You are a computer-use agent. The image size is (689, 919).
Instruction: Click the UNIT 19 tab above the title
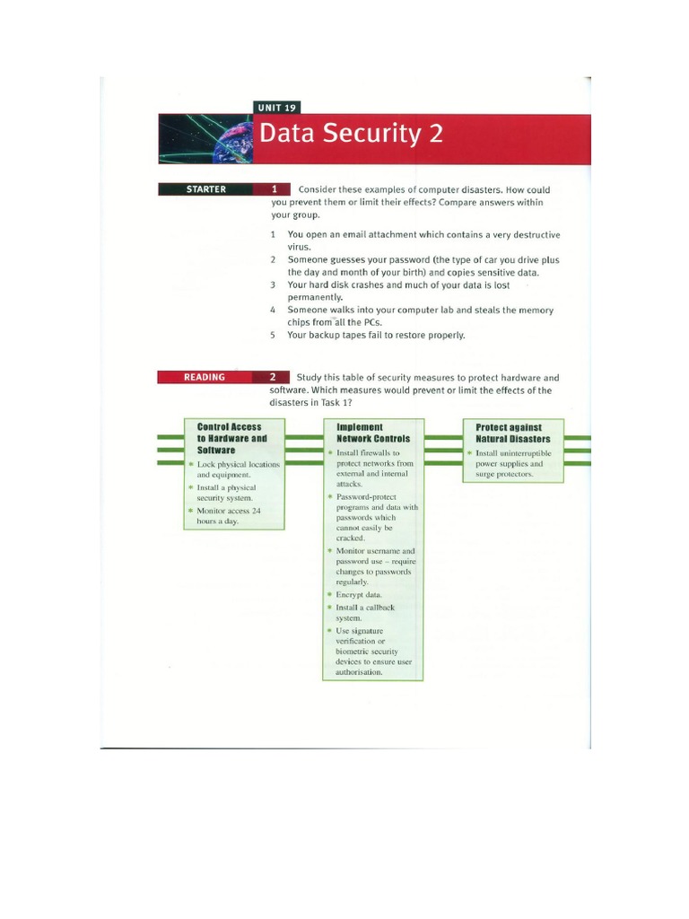tap(277, 108)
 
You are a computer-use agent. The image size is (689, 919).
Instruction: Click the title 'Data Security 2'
tap(351, 135)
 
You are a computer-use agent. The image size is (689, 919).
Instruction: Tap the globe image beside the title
tap(206, 139)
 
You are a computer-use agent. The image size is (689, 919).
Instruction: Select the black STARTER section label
tap(205, 189)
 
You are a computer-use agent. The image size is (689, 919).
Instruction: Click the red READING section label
tap(205, 377)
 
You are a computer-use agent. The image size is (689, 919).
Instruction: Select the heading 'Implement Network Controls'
tap(373, 433)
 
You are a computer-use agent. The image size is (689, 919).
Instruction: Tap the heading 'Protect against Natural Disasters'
tap(514, 433)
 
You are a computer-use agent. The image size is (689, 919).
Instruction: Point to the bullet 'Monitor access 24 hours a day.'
tap(229, 516)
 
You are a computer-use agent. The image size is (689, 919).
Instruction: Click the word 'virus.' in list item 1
tap(300, 246)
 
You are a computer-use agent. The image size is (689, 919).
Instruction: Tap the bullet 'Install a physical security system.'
tap(226, 492)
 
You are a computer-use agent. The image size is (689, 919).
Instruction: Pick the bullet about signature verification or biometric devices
tap(371, 652)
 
